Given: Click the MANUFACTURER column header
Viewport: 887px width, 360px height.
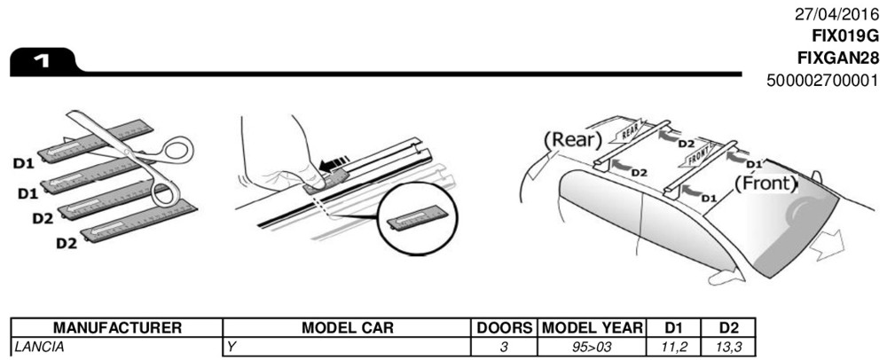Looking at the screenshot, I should [x=112, y=328].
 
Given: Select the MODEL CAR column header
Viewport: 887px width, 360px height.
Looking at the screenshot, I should [x=347, y=328].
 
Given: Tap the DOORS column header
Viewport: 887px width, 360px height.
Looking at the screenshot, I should [x=503, y=328].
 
